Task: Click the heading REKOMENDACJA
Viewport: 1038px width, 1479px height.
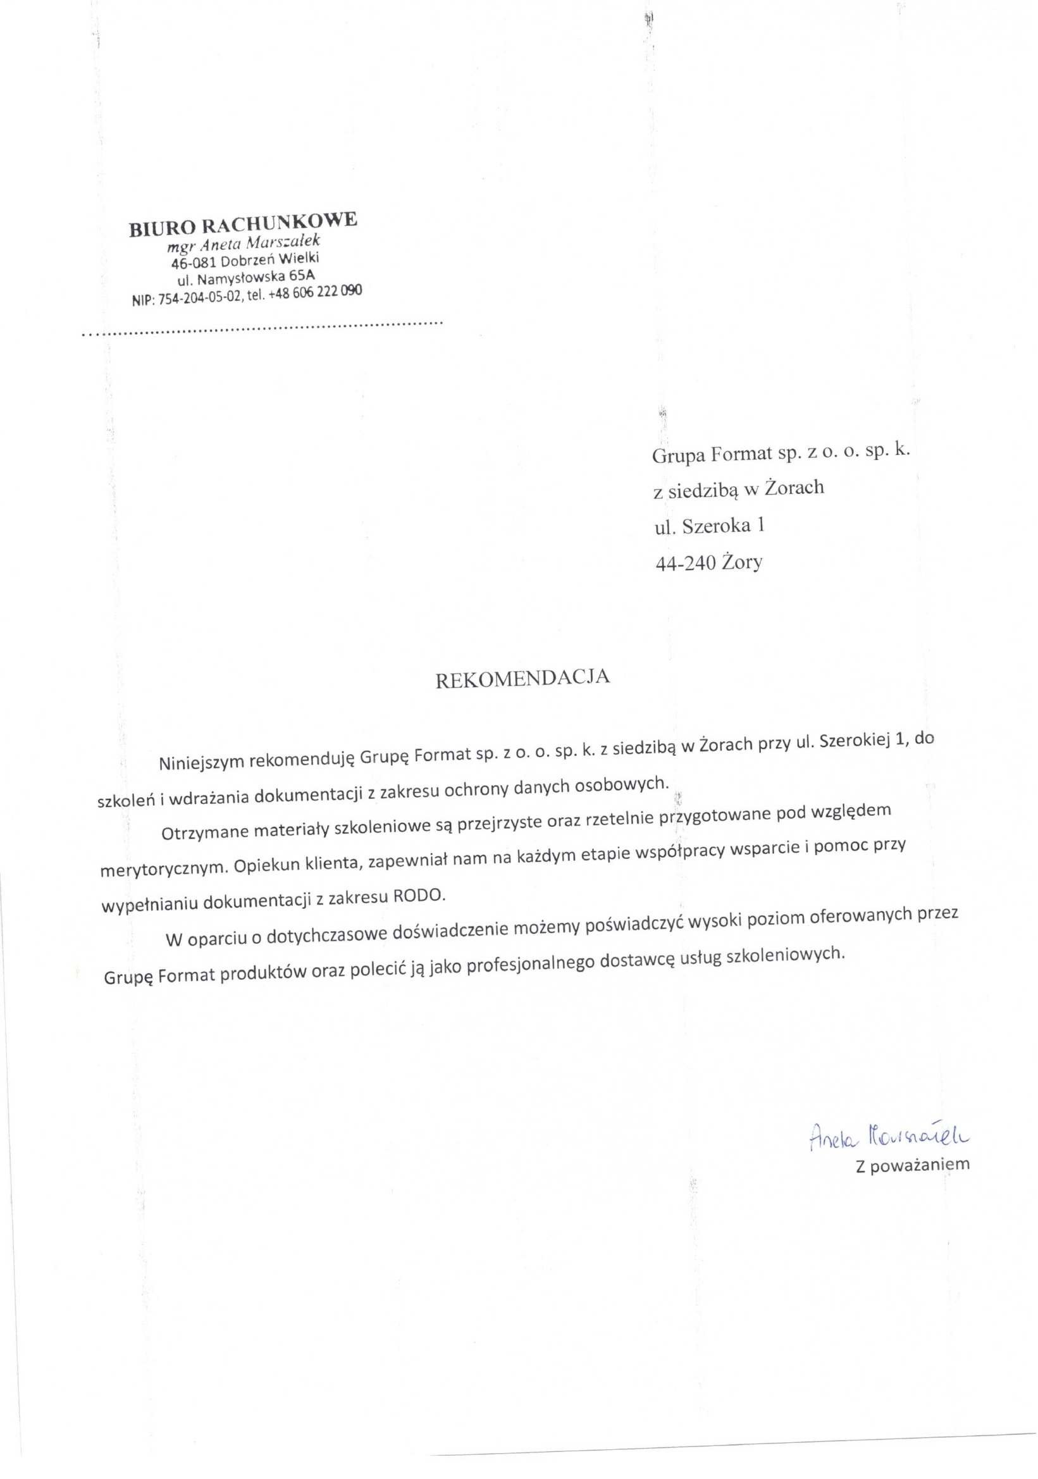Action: (x=522, y=679)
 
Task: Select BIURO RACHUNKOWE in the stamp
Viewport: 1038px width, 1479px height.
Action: (x=243, y=223)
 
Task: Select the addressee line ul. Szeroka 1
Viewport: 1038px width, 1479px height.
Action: (x=709, y=526)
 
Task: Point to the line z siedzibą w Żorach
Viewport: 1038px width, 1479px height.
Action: (x=738, y=489)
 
